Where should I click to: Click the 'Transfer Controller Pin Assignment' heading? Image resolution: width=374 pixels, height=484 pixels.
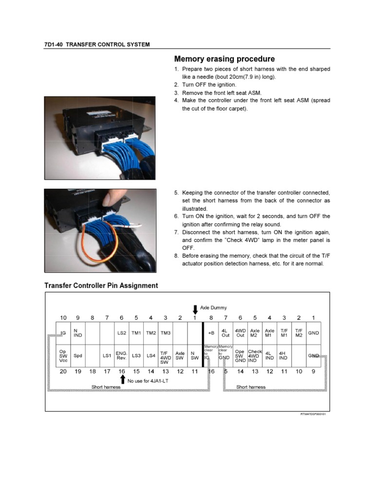pyautogui.click(x=101, y=285)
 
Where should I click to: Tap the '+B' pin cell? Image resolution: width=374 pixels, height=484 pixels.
pyautogui.click(x=211, y=333)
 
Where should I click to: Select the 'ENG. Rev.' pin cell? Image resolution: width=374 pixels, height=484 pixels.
pyautogui.click(x=121, y=356)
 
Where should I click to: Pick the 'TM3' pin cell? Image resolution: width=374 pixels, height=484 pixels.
pyautogui.click(x=166, y=333)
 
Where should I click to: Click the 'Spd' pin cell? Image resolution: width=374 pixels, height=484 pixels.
pyautogui.click(x=77, y=356)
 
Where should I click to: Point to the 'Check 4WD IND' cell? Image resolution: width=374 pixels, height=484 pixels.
pyautogui.click(x=255, y=356)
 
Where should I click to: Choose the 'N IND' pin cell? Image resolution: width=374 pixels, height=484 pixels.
pyautogui.click(x=77, y=333)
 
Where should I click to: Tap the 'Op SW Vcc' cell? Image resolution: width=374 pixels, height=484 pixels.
pyautogui.click(x=62, y=356)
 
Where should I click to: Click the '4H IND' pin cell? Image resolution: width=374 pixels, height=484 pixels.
pyautogui.click(x=283, y=356)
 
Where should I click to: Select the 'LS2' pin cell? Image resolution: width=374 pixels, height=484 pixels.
pyautogui.click(x=122, y=333)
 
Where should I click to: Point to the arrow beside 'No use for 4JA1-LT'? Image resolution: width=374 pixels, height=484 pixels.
pyautogui.click(x=123, y=380)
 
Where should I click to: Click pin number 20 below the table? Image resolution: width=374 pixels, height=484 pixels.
pyautogui.click(x=63, y=371)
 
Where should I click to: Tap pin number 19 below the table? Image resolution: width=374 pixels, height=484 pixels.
pyautogui.click(x=77, y=371)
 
